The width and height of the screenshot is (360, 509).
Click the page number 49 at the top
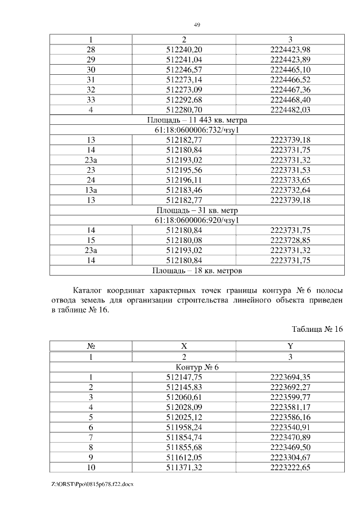click(197, 25)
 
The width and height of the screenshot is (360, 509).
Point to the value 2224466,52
click(290, 80)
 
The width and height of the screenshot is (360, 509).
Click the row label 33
click(91, 100)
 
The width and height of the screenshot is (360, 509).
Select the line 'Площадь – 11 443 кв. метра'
click(197, 120)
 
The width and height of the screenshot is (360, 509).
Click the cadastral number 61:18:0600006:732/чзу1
click(197, 130)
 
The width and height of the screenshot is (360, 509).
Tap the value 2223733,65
click(290, 180)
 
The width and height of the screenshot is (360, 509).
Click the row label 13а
click(91, 190)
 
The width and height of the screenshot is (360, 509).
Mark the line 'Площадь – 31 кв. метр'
click(197, 210)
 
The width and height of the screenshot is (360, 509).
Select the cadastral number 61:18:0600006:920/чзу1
click(197, 220)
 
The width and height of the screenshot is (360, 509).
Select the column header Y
click(290, 347)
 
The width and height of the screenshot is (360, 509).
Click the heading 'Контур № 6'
click(197, 367)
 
